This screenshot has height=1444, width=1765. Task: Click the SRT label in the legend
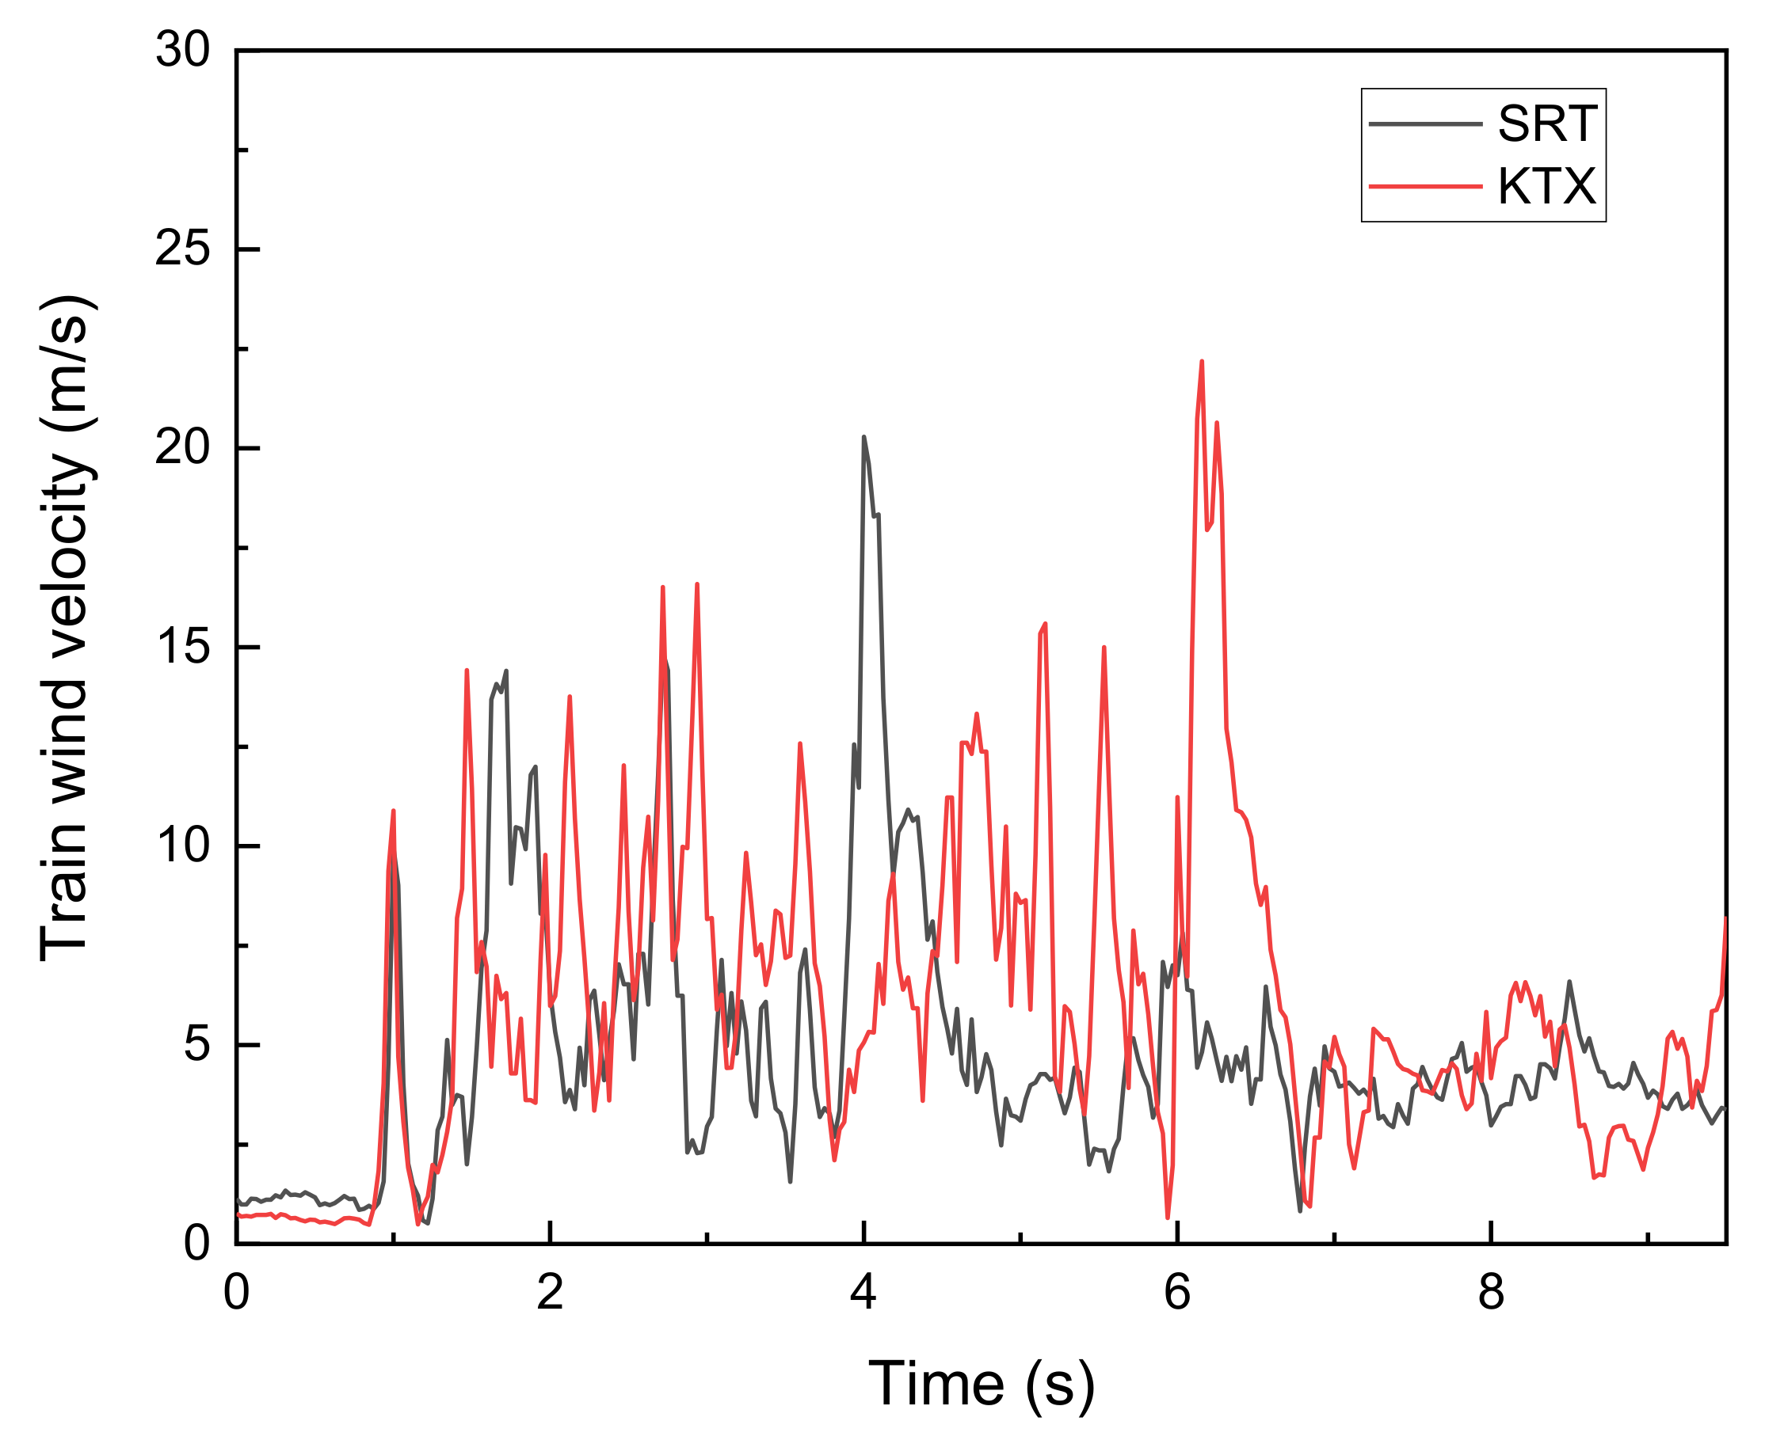(x=1547, y=124)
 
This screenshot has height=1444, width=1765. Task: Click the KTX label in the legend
(x=1547, y=186)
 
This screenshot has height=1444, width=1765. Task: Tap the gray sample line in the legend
(x=1425, y=124)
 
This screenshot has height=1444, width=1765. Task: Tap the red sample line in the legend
(x=1425, y=186)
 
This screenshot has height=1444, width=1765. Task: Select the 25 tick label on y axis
(x=183, y=249)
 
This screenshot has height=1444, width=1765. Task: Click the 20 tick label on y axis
(x=183, y=447)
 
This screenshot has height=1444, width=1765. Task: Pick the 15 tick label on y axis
(x=183, y=646)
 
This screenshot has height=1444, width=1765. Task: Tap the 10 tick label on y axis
(x=183, y=845)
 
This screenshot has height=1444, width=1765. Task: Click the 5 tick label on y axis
(x=196, y=1044)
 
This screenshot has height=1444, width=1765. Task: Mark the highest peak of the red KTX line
(x=1202, y=362)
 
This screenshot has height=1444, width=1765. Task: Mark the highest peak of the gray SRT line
(x=863, y=437)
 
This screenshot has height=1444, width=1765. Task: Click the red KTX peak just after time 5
(x=1045, y=623)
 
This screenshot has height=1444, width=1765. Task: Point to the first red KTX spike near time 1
(x=393, y=810)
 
